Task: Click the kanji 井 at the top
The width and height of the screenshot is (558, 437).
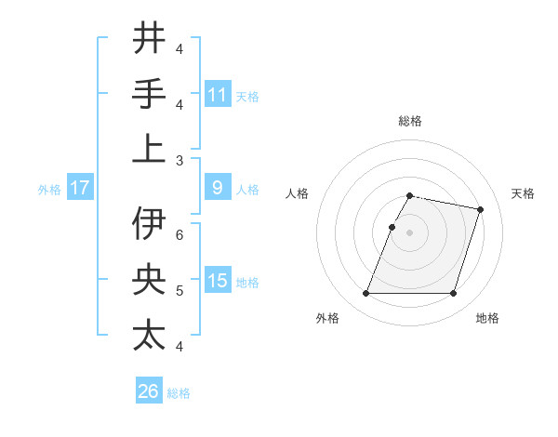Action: [149, 38]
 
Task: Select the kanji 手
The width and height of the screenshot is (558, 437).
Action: [149, 93]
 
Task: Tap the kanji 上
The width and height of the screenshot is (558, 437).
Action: [149, 149]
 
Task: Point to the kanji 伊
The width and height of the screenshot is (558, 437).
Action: [149, 224]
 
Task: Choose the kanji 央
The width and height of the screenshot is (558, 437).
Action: [149, 280]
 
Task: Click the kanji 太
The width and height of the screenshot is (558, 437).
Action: [149, 336]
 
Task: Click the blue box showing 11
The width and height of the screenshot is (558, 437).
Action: [218, 94]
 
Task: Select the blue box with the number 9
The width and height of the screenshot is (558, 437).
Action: [218, 188]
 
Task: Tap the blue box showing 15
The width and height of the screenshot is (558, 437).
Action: [218, 281]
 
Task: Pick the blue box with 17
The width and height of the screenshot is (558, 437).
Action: [80, 188]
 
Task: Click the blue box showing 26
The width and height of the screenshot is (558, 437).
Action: [149, 391]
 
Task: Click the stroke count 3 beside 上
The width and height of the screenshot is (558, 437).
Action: [179, 160]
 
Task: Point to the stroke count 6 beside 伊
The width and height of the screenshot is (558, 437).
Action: [179, 234]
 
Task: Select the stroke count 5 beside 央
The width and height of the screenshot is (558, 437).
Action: [179, 290]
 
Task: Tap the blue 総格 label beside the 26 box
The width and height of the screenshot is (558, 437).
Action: [179, 393]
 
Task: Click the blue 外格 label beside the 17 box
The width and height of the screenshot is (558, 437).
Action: [49, 190]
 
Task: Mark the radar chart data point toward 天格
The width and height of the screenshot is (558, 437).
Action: [480, 210]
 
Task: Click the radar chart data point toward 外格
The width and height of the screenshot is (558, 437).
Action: [366, 294]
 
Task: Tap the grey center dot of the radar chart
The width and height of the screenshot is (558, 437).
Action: [410, 232]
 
